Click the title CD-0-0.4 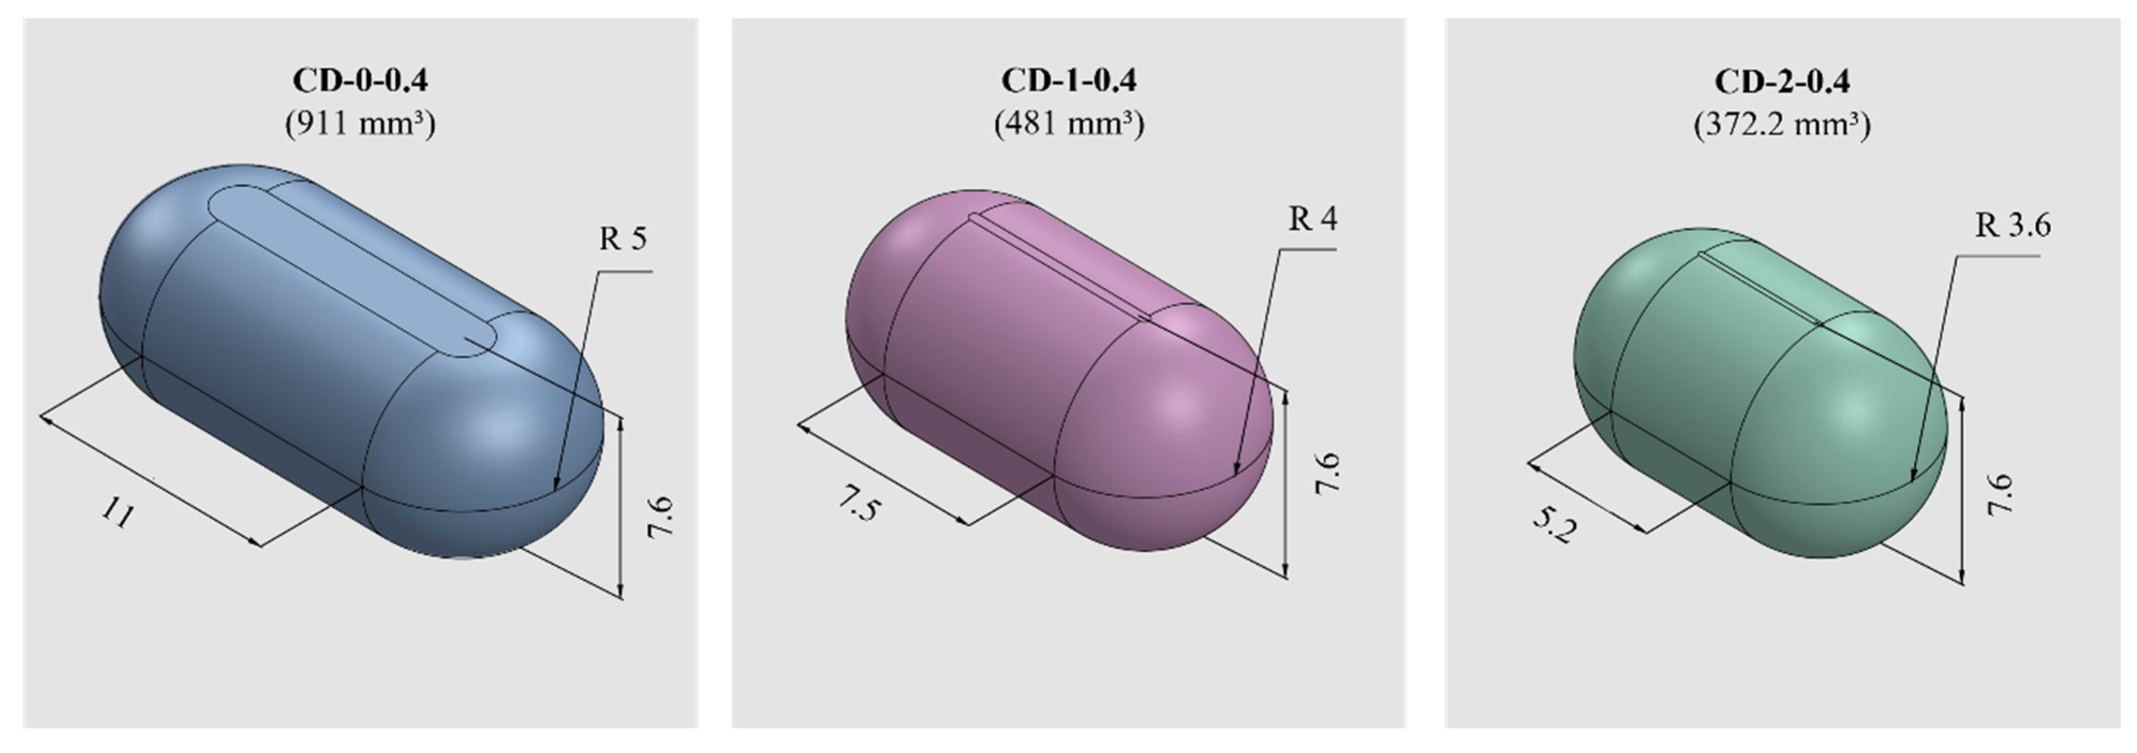tap(360, 80)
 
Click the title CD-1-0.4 tap(1068, 80)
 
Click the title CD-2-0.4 tap(1781, 81)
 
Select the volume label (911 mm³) tap(360, 124)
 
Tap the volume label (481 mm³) tap(1068, 124)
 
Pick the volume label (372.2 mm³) tap(1781, 125)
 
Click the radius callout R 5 tap(622, 239)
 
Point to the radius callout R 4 tap(1312, 219)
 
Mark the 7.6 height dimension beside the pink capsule tap(1326, 474)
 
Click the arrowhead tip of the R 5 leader tap(555, 488)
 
